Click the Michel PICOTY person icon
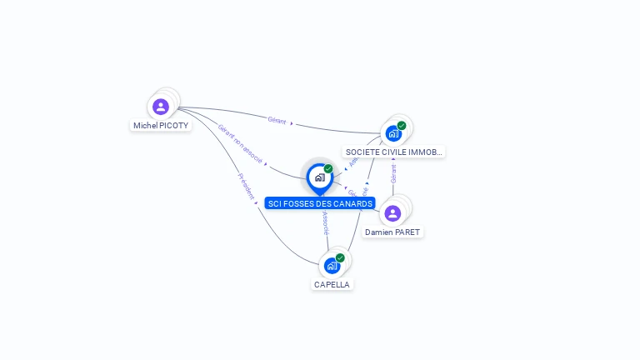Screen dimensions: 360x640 (x=161, y=107)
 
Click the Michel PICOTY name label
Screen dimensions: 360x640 (x=161, y=126)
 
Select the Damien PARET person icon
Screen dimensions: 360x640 (x=392, y=213)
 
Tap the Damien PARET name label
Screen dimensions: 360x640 (x=392, y=232)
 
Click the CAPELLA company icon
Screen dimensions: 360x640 (x=332, y=266)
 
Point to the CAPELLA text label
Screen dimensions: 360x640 (x=332, y=284)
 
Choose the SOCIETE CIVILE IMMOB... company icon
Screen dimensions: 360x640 (x=392, y=133)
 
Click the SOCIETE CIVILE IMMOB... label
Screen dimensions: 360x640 (x=393, y=152)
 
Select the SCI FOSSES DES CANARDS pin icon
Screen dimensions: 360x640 (x=319, y=177)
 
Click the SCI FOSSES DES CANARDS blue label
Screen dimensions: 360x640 (x=320, y=203)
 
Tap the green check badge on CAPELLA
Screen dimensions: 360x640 (x=340, y=257)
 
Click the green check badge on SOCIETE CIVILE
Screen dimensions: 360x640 (x=402, y=126)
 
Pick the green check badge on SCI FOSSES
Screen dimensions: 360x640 (x=328, y=168)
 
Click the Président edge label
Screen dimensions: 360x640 (x=247, y=187)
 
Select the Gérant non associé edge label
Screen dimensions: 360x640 (x=240, y=143)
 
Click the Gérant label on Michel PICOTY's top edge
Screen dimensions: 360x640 (x=277, y=121)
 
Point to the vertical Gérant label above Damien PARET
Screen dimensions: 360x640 (x=393, y=172)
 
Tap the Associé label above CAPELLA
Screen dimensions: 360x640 (x=325, y=222)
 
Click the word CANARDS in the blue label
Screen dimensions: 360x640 (x=352, y=203)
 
